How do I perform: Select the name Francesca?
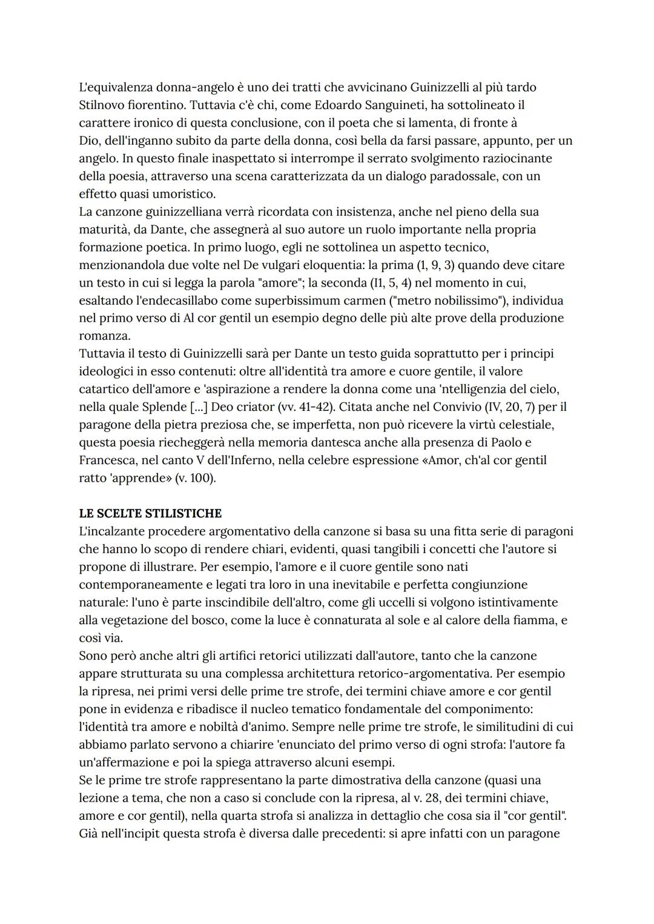click(108, 460)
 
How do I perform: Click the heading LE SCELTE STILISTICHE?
click(150, 514)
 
